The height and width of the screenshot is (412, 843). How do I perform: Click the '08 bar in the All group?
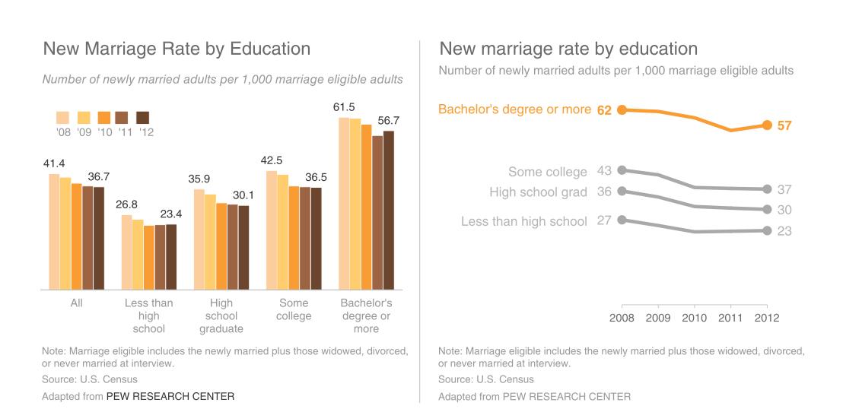pos(54,231)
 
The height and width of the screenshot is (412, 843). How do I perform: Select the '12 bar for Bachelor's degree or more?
pos(390,210)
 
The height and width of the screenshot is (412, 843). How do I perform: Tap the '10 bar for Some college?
pos(294,237)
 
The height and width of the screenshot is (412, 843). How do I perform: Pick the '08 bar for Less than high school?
pos(127,252)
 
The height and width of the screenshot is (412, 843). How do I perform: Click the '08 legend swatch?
pos(63,117)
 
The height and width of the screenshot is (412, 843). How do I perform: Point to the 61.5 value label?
pos(344,107)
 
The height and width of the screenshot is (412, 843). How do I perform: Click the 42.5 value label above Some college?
pos(271,160)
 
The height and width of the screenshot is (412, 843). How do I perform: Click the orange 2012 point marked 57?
pos(767,125)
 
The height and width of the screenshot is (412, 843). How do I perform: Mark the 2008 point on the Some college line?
pos(622,170)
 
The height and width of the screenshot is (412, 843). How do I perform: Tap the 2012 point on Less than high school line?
pos(767,230)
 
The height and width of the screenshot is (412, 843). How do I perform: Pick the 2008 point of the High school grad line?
pos(622,191)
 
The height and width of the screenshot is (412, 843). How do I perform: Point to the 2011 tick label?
pos(731,317)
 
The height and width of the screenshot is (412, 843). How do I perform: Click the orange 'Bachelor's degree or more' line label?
pos(514,109)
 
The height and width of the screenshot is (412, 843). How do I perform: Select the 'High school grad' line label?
pos(538,192)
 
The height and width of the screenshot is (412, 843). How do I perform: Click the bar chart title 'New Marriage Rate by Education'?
pos(177,49)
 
